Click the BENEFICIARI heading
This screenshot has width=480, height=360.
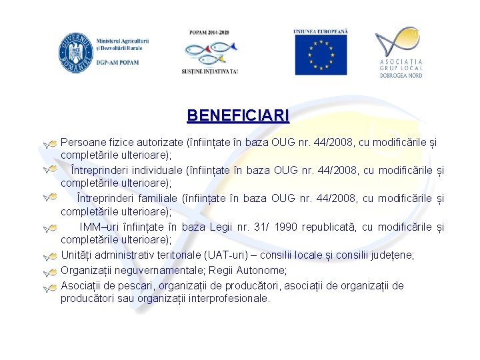coord(238,115)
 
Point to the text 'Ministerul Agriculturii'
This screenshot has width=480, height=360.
coord(122,41)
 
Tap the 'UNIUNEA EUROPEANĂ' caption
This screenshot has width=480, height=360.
coord(321,32)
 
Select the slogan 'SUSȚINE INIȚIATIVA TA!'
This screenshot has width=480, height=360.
coord(209,71)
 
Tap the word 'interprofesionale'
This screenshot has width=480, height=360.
coord(228,299)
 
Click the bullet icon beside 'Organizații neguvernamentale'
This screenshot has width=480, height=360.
coord(49,272)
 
